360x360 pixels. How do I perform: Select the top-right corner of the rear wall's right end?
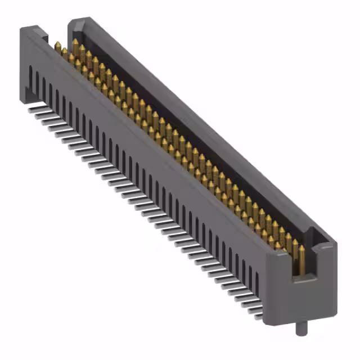click(336, 244)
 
